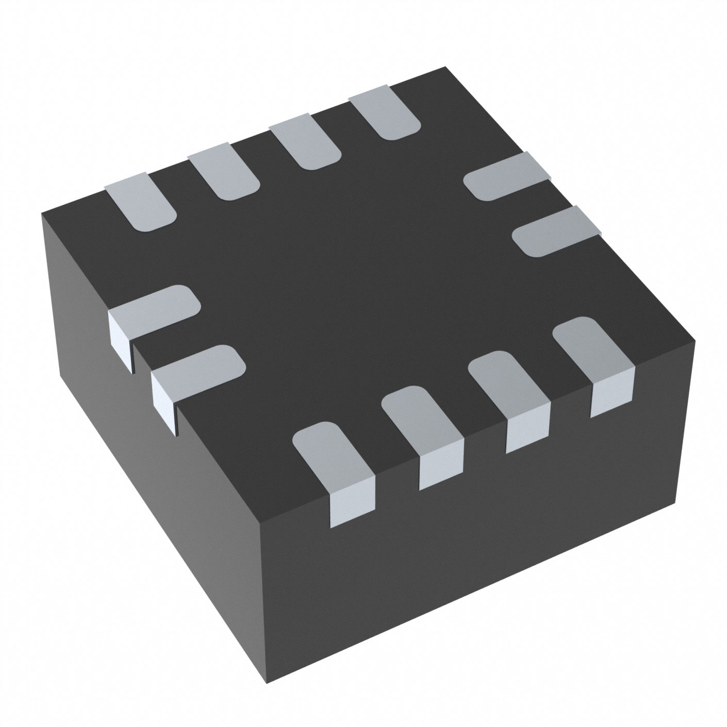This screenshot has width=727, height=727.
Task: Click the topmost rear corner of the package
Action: (444, 68)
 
